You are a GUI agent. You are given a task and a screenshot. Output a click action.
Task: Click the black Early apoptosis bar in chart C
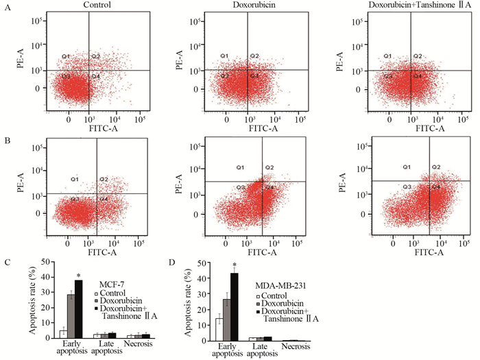pos(79,309)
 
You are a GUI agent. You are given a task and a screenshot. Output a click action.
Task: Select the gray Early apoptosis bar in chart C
pos(71,315)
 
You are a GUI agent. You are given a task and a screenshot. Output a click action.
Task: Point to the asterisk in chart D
pos(235,265)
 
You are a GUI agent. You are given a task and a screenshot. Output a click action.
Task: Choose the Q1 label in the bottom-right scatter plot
pos(406,167)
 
